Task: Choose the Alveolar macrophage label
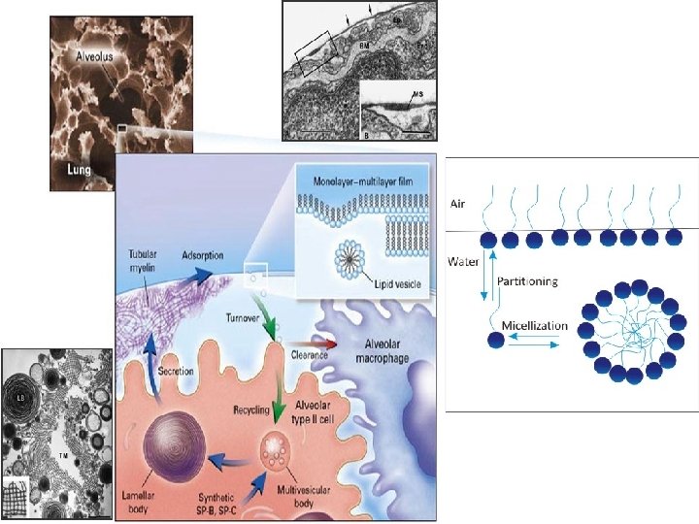click(x=383, y=353)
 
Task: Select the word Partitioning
click(x=527, y=281)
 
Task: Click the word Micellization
click(x=535, y=324)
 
